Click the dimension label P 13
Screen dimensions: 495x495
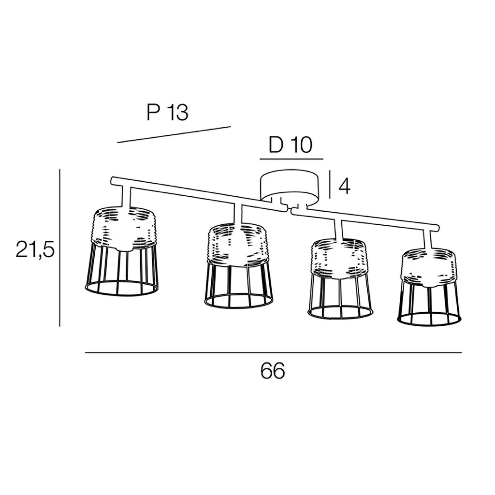pos(168,112)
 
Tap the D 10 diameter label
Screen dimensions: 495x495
pos(291,145)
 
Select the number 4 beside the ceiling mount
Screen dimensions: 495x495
pos(344,186)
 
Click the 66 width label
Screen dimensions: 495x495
pos(273,371)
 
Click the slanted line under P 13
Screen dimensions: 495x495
pos(174,134)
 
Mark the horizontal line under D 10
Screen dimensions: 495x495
pos(291,159)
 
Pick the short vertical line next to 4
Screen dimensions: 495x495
pos(330,184)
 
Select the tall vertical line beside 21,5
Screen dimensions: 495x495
pos(59,248)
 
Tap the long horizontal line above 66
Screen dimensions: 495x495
pos(274,352)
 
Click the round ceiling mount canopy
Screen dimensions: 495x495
pos(289,187)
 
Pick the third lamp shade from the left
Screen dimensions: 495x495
pos(339,280)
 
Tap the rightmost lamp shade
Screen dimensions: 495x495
pos(429,286)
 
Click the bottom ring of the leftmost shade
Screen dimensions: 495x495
pos(121,288)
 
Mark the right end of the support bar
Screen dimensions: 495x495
pos(437,227)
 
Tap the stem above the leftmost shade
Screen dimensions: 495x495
pos(125,198)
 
